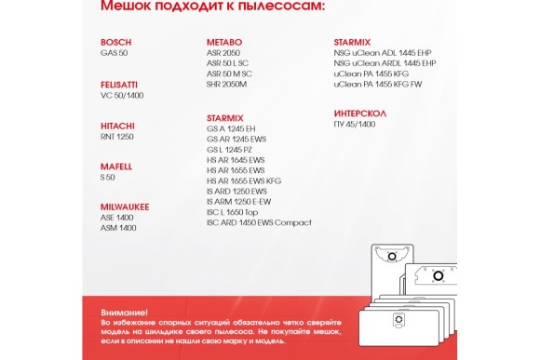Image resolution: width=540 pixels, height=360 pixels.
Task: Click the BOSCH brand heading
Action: click(x=115, y=43)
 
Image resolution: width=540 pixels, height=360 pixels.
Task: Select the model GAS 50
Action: click(x=114, y=53)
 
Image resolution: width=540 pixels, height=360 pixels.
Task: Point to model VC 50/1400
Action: click(x=121, y=95)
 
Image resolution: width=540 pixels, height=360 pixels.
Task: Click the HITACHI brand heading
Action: click(x=117, y=126)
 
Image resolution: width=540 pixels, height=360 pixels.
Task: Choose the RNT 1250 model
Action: click(x=116, y=136)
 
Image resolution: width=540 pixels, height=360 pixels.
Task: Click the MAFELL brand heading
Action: click(x=116, y=167)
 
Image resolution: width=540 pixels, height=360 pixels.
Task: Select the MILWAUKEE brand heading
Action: click(x=125, y=206)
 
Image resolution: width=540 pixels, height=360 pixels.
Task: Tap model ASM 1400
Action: click(x=118, y=227)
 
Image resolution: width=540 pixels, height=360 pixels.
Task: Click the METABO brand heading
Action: click(x=223, y=43)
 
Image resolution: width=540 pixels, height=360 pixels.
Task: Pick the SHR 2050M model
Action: click(x=226, y=84)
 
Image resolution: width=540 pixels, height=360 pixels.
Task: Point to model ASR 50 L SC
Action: click(x=229, y=63)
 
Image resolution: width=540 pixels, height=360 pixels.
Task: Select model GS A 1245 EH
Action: click(x=231, y=127)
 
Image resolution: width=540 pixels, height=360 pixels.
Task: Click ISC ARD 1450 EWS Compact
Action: click(x=259, y=222)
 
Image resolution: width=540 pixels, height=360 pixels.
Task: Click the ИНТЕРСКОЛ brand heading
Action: click(x=359, y=113)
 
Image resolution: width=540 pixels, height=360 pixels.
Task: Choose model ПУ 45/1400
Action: click(x=354, y=124)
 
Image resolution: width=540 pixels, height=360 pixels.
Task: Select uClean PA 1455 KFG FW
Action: click(x=377, y=84)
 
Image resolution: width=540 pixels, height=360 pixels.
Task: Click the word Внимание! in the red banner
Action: click(x=124, y=313)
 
